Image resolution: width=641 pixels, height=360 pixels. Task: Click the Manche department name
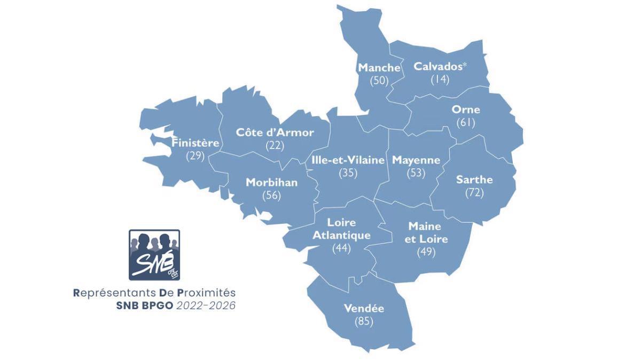(x=379, y=68)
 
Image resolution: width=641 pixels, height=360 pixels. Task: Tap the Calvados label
(x=437, y=66)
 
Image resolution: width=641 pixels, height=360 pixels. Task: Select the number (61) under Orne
(x=466, y=123)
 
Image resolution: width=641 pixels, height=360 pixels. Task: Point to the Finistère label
(x=196, y=143)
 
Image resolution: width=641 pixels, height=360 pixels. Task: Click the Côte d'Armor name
(x=275, y=132)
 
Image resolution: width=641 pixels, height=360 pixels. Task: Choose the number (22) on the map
(x=275, y=145)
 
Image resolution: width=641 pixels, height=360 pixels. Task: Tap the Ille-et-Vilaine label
(x=348, y=160)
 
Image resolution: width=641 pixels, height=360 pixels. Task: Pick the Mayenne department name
(x=416, y=160)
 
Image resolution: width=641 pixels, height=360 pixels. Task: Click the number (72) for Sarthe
(x=474, y=192)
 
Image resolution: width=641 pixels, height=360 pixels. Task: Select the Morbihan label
(x=271, y=183)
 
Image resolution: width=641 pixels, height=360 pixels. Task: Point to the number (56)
(x=271, y=195)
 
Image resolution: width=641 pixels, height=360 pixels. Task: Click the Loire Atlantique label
(x=341, y=229)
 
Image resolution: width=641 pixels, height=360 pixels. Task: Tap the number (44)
(x=341, y=248)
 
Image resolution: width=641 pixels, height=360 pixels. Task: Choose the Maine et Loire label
(x=426, y=232)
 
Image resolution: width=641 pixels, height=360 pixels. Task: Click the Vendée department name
(x=364, y=309)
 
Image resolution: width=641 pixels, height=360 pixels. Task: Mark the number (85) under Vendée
(x=364, y=322)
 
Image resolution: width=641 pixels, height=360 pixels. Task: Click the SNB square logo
(x=154, y=255)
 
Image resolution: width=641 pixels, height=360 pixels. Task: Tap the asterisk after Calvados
(x=465, y=64)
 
